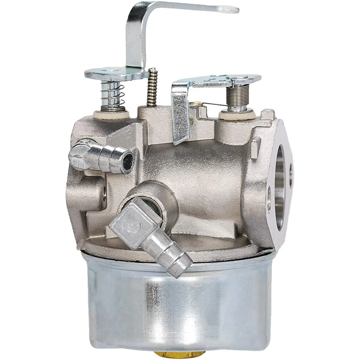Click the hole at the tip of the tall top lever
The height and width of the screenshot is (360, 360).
[x=230, y=9]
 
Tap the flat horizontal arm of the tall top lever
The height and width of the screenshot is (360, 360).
[x=189, y=9]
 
